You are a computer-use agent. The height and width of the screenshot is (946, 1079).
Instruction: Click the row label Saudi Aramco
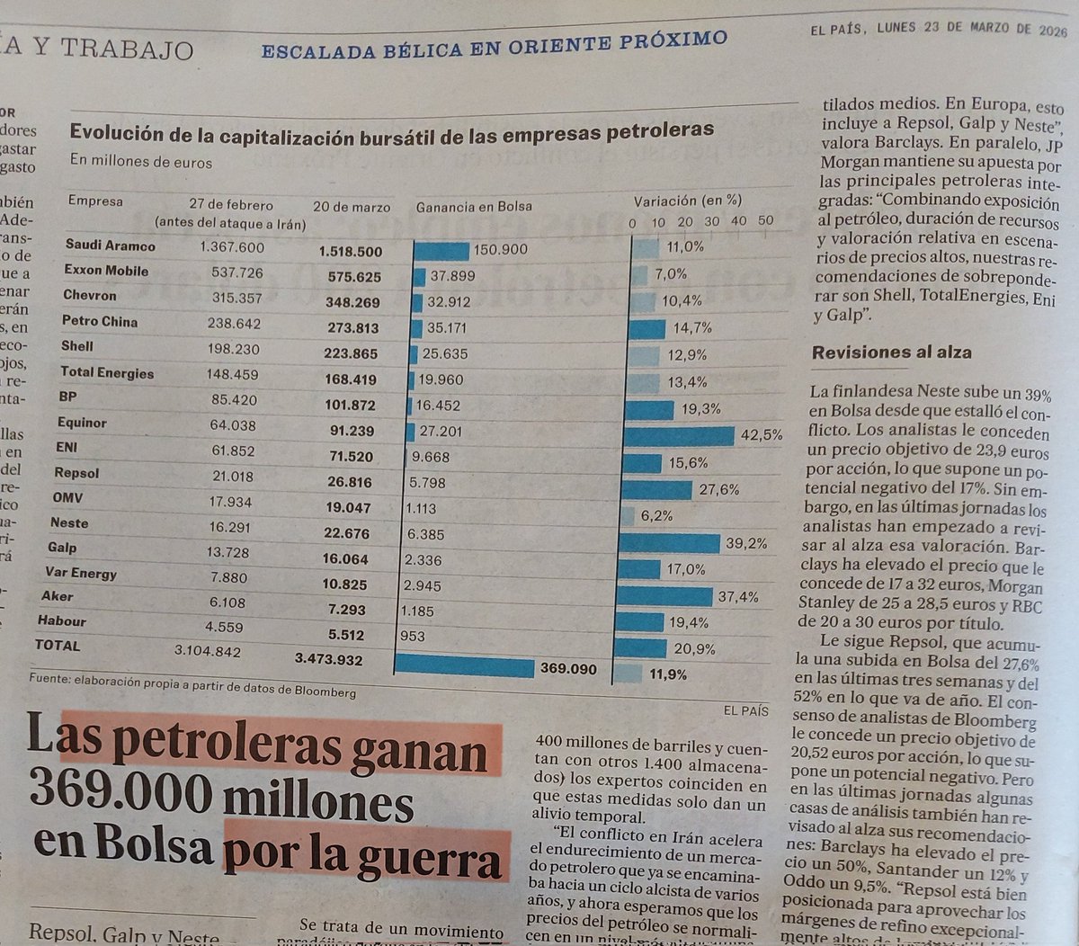(110, 245)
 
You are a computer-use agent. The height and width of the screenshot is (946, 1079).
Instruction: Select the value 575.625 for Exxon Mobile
(354, 277)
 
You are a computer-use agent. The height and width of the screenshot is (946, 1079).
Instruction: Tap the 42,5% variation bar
(680, 436)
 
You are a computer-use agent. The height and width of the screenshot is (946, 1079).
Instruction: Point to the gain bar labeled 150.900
(441, 251)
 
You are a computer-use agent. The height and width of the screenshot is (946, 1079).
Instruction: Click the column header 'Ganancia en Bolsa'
(473, 207)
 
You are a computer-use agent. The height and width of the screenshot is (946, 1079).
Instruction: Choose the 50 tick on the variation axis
(765, 221)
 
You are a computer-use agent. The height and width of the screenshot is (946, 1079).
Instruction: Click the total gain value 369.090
(567, 668)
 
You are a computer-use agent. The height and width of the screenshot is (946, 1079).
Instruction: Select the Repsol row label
(76, 472)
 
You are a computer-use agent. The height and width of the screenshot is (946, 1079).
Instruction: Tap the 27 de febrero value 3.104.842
(208, 651)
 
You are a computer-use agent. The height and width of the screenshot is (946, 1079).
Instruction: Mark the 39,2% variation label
(747, 543)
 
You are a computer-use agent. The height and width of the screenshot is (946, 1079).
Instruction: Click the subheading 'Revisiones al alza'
(891, 353)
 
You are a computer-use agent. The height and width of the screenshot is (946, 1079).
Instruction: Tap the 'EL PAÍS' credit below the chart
(745, 710)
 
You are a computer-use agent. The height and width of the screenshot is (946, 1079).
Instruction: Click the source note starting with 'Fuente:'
(192, 685)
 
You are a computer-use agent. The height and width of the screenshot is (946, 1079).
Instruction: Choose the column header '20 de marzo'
(352, 207)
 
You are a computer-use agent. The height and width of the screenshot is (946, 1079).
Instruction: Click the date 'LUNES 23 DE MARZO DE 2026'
(972, 29)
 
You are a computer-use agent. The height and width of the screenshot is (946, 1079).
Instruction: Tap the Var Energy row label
(81, 573)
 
